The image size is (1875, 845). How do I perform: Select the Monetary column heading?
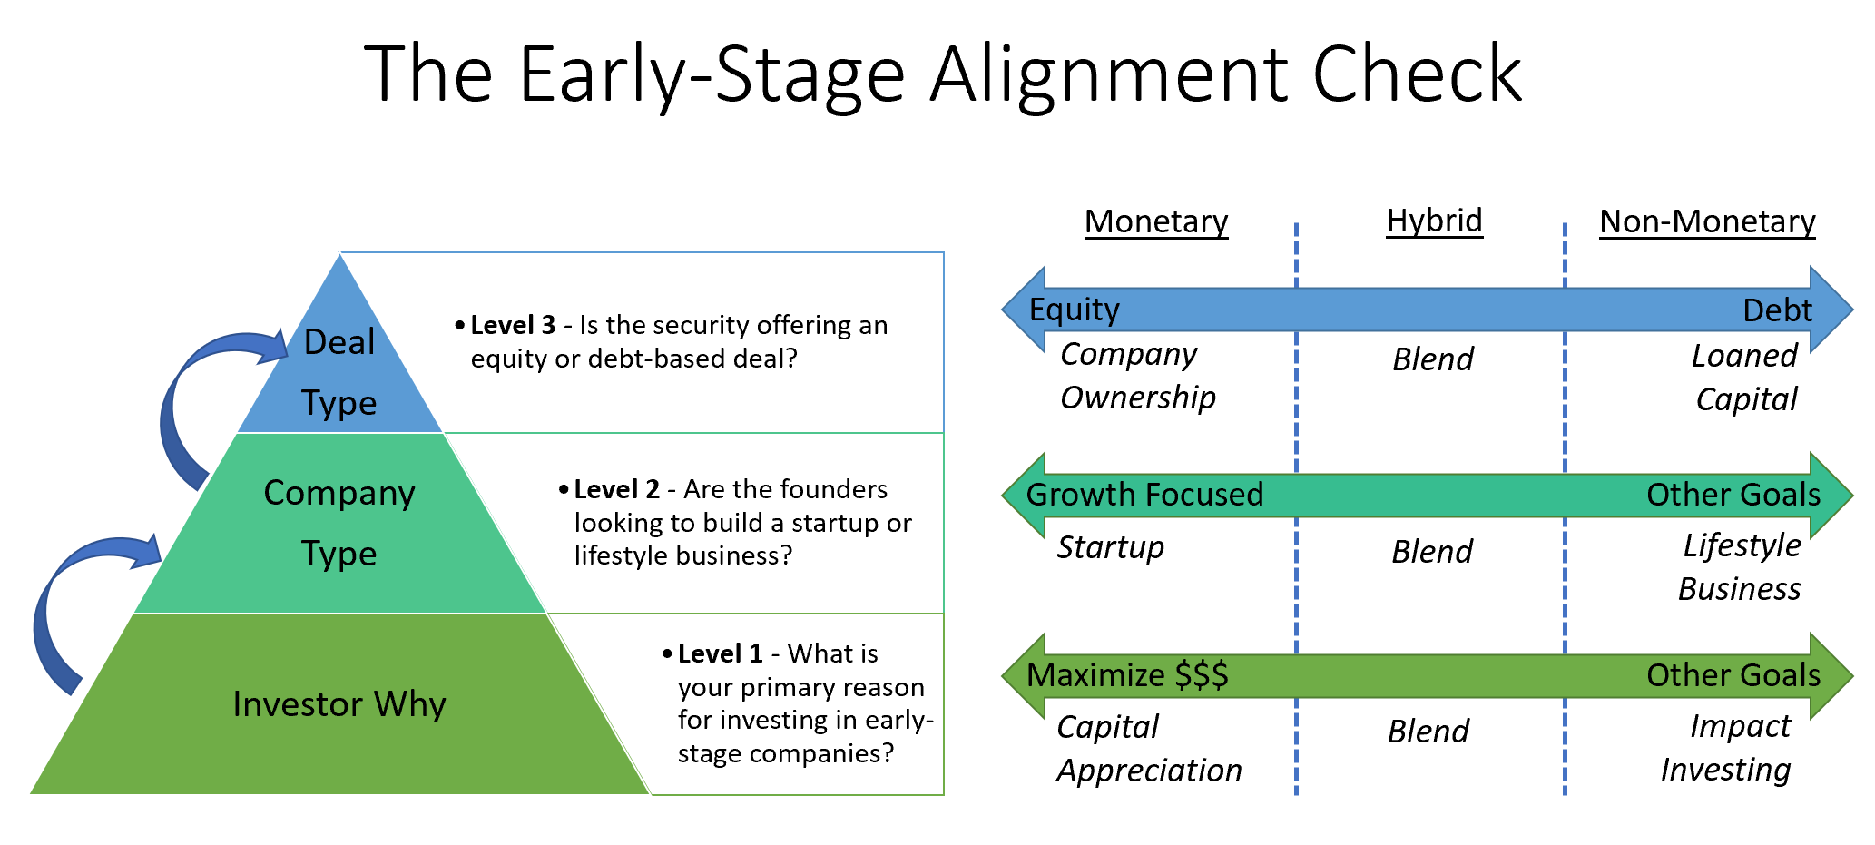(1155, 222)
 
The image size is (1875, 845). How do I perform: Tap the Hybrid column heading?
(1434, 221)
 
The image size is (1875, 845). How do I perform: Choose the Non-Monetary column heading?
(1706, 222)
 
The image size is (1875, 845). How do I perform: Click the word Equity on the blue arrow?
(1074, 310)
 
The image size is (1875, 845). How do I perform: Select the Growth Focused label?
(1144, 496)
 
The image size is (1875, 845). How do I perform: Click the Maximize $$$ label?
(1126, 676)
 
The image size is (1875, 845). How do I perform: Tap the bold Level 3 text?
(513, 326)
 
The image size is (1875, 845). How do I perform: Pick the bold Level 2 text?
(616, 490)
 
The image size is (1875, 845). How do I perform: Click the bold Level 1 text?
(720, 654)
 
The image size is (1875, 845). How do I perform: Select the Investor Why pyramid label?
(339, 705)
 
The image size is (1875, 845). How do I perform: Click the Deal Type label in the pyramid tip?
(339, 372)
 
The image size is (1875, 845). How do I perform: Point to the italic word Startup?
(1110, 548)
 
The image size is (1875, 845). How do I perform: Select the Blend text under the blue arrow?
(1432, 360)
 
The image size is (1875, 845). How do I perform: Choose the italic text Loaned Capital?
(1744, 378)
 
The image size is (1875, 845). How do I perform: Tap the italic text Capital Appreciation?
(1148, 750)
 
